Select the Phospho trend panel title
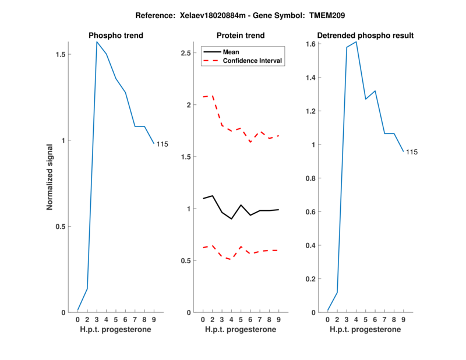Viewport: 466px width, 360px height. tap(116, 36)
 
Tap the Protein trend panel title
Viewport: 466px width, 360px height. tap(241, 36)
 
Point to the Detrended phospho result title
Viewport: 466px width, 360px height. tap(366, 36)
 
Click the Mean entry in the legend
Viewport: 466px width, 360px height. tap(231, 52)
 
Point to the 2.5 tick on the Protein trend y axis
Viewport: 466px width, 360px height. tap(186, 53)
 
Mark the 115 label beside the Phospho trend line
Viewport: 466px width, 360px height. tap(161, 144)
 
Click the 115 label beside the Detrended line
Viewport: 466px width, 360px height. tap(412, 152)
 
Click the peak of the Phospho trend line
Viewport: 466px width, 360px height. tap(97, 42)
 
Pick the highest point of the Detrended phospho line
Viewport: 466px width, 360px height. tap(356, 42)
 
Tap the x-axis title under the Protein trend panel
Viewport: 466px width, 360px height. tap(241, 329)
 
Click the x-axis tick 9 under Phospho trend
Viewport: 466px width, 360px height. tap(154, 319)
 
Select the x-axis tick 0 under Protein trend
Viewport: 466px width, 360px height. tap(203, 319)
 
